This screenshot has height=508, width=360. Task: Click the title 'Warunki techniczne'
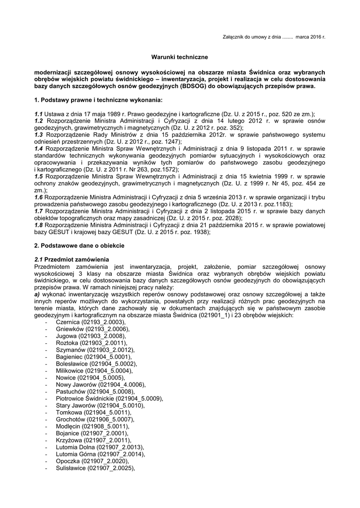(x=180, y=58)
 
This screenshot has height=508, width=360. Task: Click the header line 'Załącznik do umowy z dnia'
(x=253, y=37)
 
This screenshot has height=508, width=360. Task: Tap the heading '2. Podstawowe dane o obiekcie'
(x=79, y=246)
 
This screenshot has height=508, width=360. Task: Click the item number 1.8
(x=39, y=225)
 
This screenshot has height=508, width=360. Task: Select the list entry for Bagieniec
(x=94, y=371)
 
